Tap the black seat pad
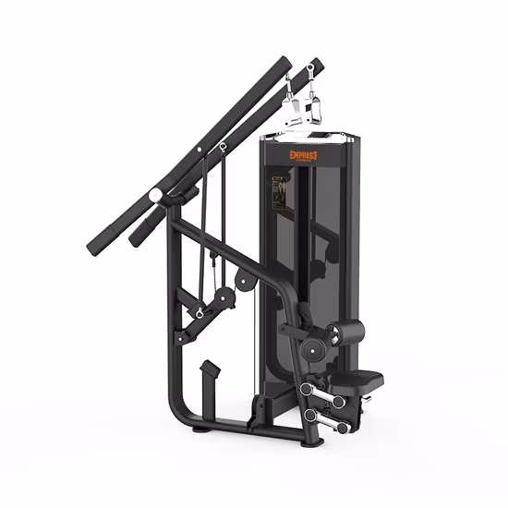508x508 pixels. [357, 378]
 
